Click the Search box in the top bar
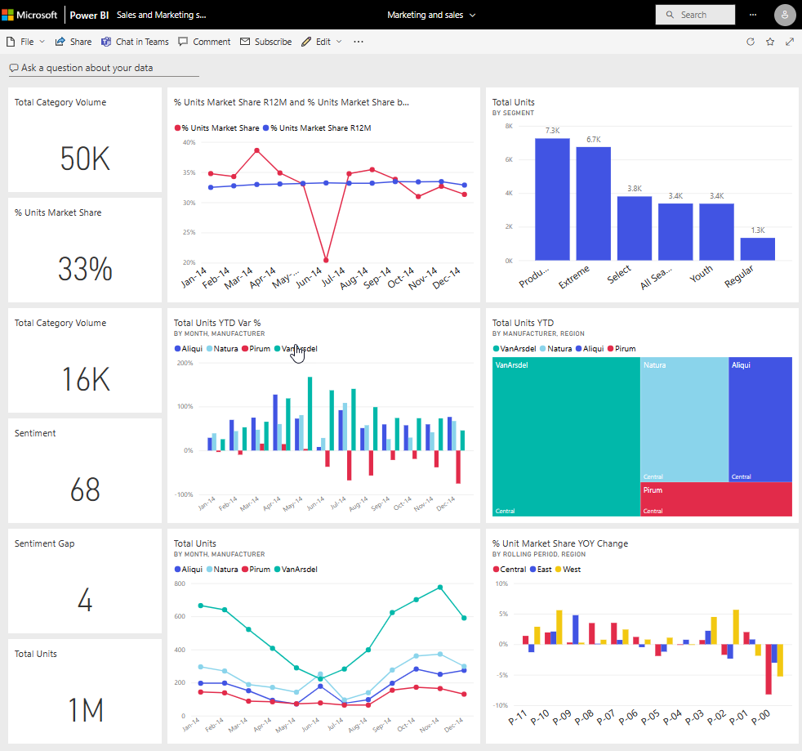coord(694,15)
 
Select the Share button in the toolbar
coord(74,42)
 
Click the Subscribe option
coord(265,42)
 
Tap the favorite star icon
coord(770,42)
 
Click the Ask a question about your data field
coord(87,68)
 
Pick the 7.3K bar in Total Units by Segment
coord(552,199)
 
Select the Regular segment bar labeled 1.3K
coord(757,248)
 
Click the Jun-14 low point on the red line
coord(326,260)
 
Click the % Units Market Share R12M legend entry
coord(320,128)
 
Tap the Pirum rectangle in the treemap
coord(715,498)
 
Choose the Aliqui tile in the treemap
coord(760,418)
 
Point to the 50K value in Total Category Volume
coord(85,159)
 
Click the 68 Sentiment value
coord(85,489)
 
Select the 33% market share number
coord(85,269)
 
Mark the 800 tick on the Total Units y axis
coord(180,583)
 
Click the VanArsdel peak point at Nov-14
coord(440,587)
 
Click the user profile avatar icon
coord(784,15)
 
